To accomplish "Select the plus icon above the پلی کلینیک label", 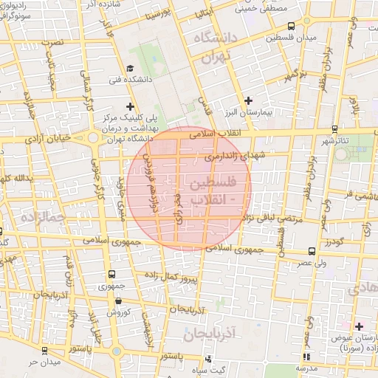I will (x=131, y=107).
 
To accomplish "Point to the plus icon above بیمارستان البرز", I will (x=248, y=100).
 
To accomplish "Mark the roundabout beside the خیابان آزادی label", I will (x=93, y=138).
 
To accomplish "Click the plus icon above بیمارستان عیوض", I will (x=359, y=326).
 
